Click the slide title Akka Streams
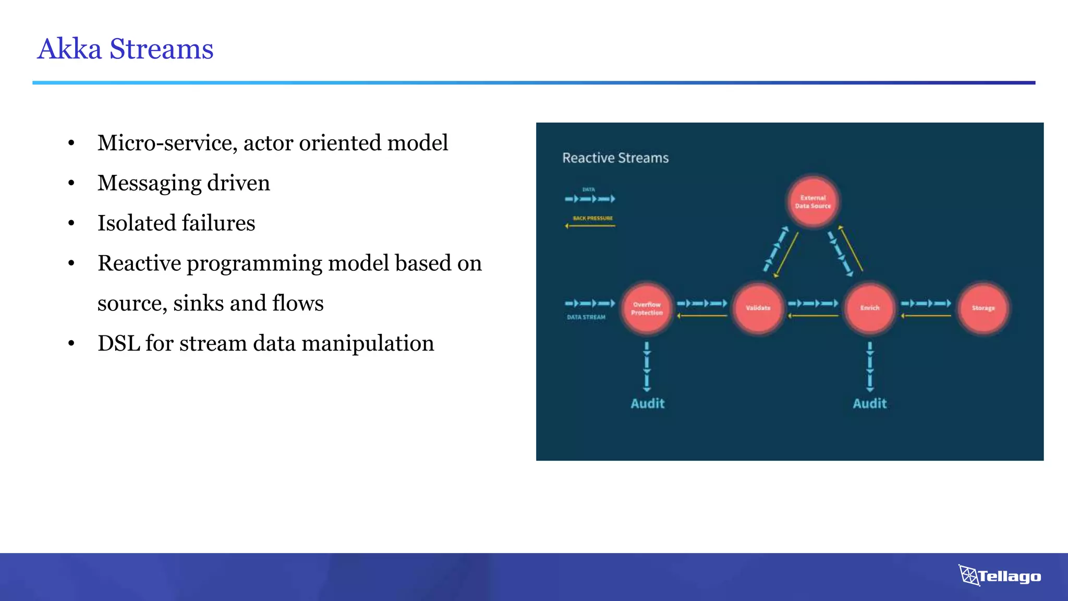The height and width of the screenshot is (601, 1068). [125, 49]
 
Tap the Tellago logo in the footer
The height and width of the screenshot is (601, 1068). [1000, 576]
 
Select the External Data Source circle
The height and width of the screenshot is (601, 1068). [812, 201]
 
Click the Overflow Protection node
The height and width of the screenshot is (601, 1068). [647, 308]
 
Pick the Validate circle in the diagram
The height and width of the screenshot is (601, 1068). [758, 308]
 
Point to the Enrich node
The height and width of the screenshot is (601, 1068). [869, 308]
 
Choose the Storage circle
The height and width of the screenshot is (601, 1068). [983, 308]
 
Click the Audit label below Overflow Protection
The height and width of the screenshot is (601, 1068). [647, 403]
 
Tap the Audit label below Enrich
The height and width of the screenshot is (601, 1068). [869, 403]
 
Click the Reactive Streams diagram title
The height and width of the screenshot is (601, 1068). [615, 158]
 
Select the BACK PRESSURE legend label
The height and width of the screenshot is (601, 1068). [592, 218]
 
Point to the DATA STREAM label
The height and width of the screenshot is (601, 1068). [586, 317]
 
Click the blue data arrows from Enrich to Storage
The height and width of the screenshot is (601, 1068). [926, 303]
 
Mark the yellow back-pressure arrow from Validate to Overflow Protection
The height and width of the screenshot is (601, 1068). [702, 316]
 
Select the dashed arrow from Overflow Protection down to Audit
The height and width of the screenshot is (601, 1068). [647, 367]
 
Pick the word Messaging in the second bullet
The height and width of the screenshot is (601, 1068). [149, 184]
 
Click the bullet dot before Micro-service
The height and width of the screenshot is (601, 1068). [71, 143]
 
